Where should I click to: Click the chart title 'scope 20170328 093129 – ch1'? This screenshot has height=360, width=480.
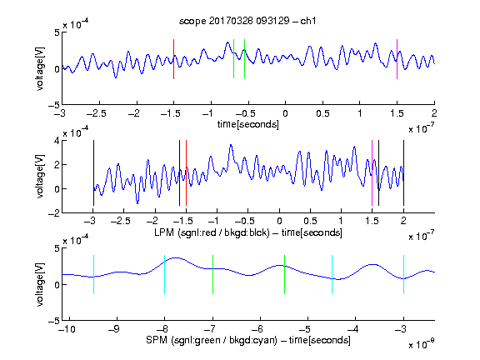[x=247, y=21]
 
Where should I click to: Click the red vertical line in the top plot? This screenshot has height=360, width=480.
[x=173, y=59]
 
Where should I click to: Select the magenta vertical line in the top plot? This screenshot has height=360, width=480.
[x=397, y=59]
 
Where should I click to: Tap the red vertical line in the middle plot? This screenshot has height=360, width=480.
[x=186, y=173]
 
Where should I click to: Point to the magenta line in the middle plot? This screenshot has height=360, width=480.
[x=372, y=173]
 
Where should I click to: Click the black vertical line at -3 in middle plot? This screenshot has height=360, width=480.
[x=93, y=173]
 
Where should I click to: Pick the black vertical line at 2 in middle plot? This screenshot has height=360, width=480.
[x=403, y=173]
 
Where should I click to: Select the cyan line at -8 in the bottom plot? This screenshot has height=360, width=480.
[x=164, y=275]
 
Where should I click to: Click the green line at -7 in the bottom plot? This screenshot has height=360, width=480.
[x=212, y=275]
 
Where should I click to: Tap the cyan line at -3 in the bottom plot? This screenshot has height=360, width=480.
[x=403, y=275]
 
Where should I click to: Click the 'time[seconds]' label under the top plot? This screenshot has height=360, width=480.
[x=248, y=124]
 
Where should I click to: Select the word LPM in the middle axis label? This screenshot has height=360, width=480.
[x=164, y=232]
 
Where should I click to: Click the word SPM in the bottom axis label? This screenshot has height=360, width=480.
[x=157, y=340]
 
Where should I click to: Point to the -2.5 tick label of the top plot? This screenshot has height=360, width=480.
[x=96, y=113]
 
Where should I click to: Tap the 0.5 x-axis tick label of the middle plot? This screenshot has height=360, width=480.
[x=310, y=221]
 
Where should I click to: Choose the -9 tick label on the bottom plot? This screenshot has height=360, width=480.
[x=114, y=329]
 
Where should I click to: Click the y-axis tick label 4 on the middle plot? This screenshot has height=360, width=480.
[x=57, y=141]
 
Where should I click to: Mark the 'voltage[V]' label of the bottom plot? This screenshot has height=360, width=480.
[x=40, y=284]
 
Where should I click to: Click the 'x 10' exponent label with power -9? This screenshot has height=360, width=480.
[x=421, y=344]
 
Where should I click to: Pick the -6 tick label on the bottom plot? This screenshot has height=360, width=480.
[x=259, y=329]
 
